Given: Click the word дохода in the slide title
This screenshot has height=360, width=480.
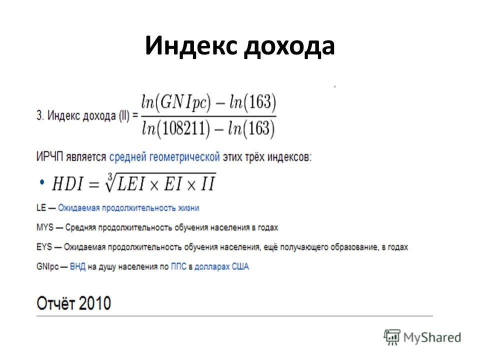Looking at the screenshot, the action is pyautogui.click(x=289, y=47).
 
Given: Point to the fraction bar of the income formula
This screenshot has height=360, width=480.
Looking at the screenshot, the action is pyautogui.click(x=208, y=116).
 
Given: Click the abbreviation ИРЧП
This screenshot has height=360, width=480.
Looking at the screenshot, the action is pyautogui.click(x=49, y=156).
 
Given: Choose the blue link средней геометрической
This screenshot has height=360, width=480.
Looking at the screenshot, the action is pyautogui.click(x=164, y=157).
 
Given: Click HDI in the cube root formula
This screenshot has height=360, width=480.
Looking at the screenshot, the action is pyautogui.click(x=67, y=184).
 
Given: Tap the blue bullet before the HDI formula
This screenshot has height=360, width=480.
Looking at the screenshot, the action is pyautogui.click(x=41, y=182).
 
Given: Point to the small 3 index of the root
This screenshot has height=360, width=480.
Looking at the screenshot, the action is pyautogui.click(x=110, y=176).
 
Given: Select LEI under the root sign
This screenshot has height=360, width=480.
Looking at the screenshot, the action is pyautogui.click(x=131, y=184).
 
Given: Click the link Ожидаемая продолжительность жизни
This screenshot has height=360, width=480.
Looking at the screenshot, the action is pyautogui.click(x=128, y=208).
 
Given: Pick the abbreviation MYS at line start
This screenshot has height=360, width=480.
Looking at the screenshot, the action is pyautogui.click(x=44, y=227).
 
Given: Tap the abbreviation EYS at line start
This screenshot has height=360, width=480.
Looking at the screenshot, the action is pyautogui.click(x=44, y=247).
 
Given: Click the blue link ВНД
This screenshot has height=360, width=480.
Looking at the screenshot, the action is pyautogui.click(x=78, y=266).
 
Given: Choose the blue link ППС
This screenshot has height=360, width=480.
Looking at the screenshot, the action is pyautogui.click(x=178, y=266).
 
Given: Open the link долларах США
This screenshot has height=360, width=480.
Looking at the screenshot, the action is pyautogui.click(x=221, y=266).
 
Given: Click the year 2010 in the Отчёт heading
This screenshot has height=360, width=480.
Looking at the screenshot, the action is pyautogui.click(x=95, y=303).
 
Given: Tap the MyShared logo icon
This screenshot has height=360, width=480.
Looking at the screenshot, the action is pyautogui.click(x=392, y=337).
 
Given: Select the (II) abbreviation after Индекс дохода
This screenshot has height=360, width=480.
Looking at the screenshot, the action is pyautogui.click(x=124, y=116).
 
